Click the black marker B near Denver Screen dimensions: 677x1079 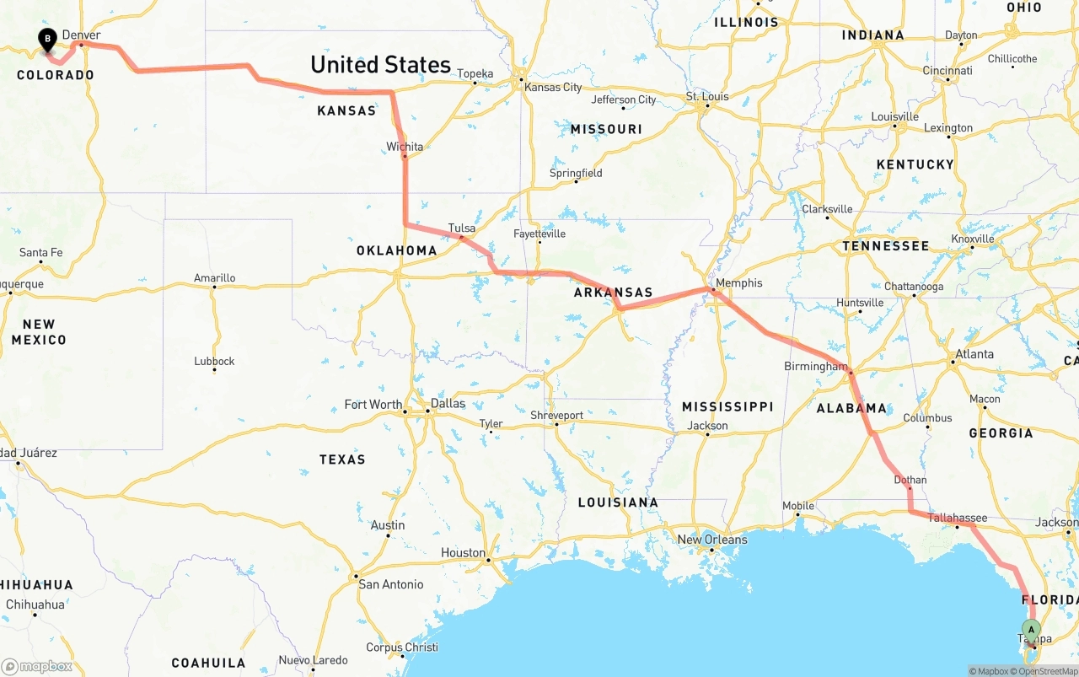[48, 39]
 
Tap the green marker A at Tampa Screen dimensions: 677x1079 [1031, 630]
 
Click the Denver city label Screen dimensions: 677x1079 [82, 35]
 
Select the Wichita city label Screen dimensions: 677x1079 [405, 147]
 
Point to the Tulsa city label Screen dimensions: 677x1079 [462, 228]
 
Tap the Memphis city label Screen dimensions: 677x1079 [739, 283]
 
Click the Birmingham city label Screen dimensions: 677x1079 [815, 366]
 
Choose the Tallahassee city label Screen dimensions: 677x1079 [957, 518]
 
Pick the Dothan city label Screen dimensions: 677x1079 [910, 480]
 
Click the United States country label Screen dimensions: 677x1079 [380, 65]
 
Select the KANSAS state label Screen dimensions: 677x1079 [346, 111]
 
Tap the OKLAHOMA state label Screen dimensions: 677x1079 [396, 250]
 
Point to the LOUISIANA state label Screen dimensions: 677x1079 [618, 502]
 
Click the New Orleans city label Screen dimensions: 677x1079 [712, 540]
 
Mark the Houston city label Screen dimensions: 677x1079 [463, 553]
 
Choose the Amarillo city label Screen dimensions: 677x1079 [215, 278]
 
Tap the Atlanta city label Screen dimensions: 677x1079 [974, 354]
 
